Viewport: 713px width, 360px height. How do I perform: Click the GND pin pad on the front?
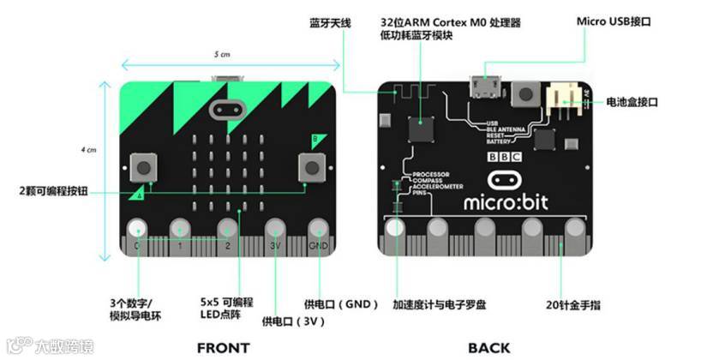319,229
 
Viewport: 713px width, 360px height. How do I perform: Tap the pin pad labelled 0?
136,229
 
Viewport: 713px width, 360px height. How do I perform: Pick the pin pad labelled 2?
227,229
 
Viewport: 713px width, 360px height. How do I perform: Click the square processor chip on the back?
420,129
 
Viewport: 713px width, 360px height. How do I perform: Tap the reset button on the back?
524,92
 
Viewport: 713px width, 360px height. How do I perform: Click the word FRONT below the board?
223,347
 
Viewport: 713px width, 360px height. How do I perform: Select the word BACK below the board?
489,347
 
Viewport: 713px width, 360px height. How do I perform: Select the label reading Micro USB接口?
614,21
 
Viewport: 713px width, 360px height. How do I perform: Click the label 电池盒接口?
632,102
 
